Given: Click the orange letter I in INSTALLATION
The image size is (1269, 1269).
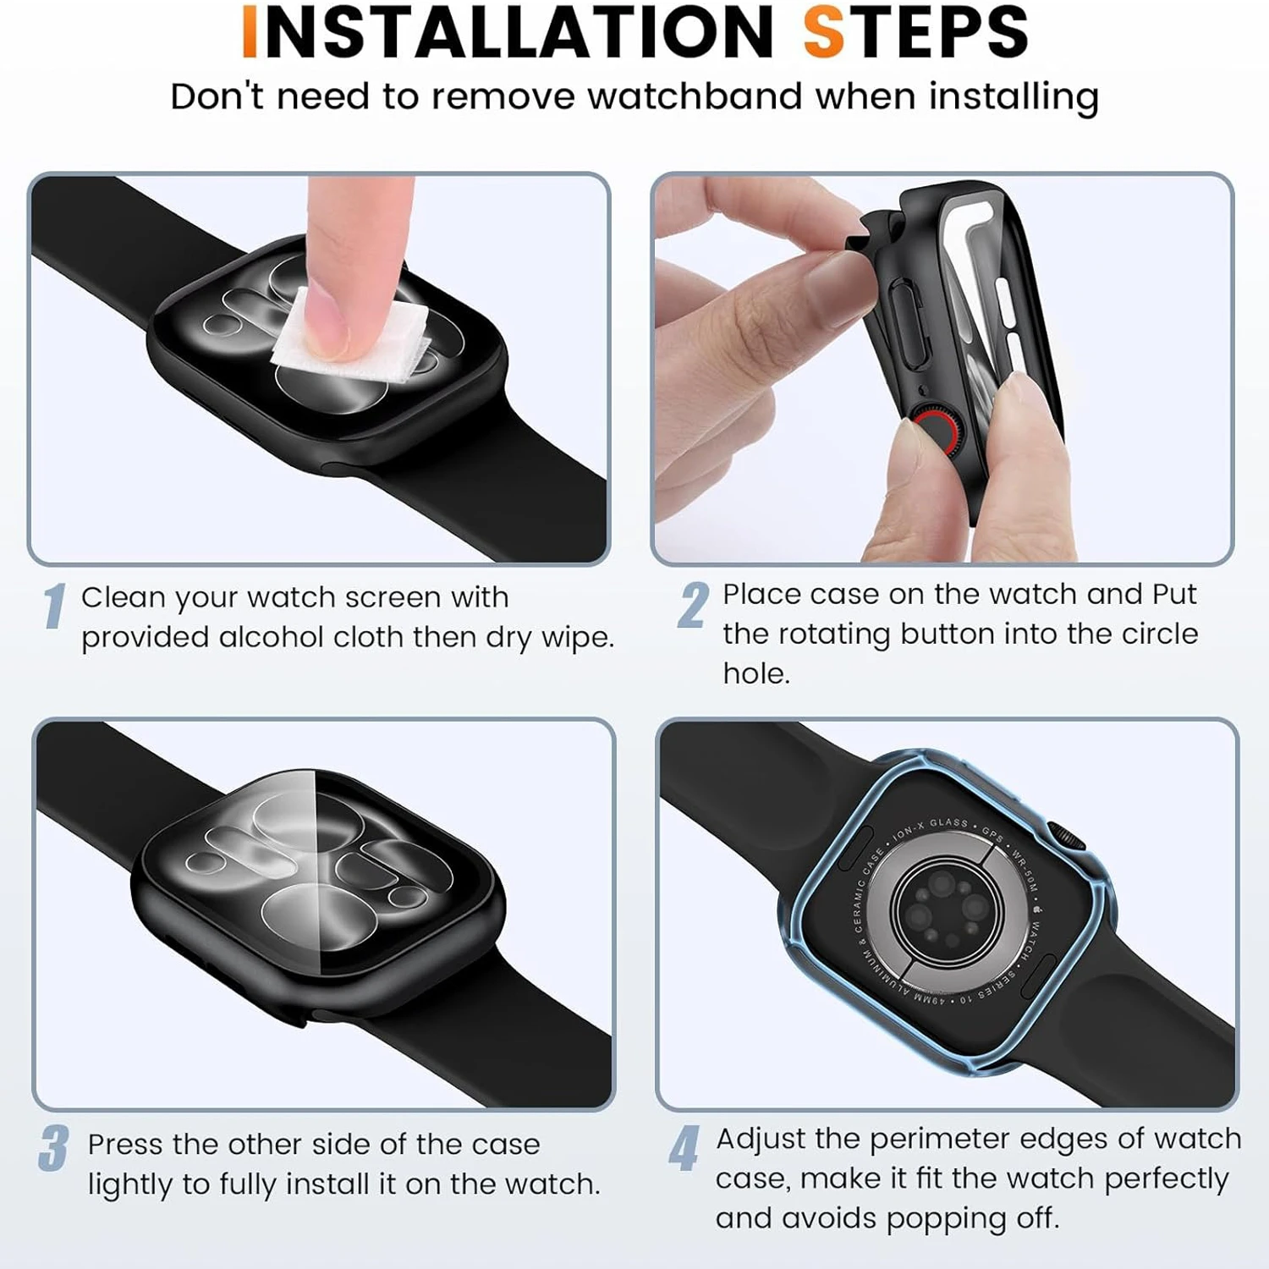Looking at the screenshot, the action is pos(250,32).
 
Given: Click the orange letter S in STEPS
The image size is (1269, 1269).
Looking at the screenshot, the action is pos(824,32).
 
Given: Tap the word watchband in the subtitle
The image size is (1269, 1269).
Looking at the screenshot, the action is pos(695,96).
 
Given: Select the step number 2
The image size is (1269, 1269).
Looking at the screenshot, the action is pos(693,606).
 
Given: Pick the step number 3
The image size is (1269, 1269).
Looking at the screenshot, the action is pos(54,1148).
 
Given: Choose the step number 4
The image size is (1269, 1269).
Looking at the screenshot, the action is pos(684,1148).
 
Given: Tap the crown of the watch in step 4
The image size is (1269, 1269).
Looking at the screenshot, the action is pos(1068,834).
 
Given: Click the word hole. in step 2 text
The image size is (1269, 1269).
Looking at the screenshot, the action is pos(756,674).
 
